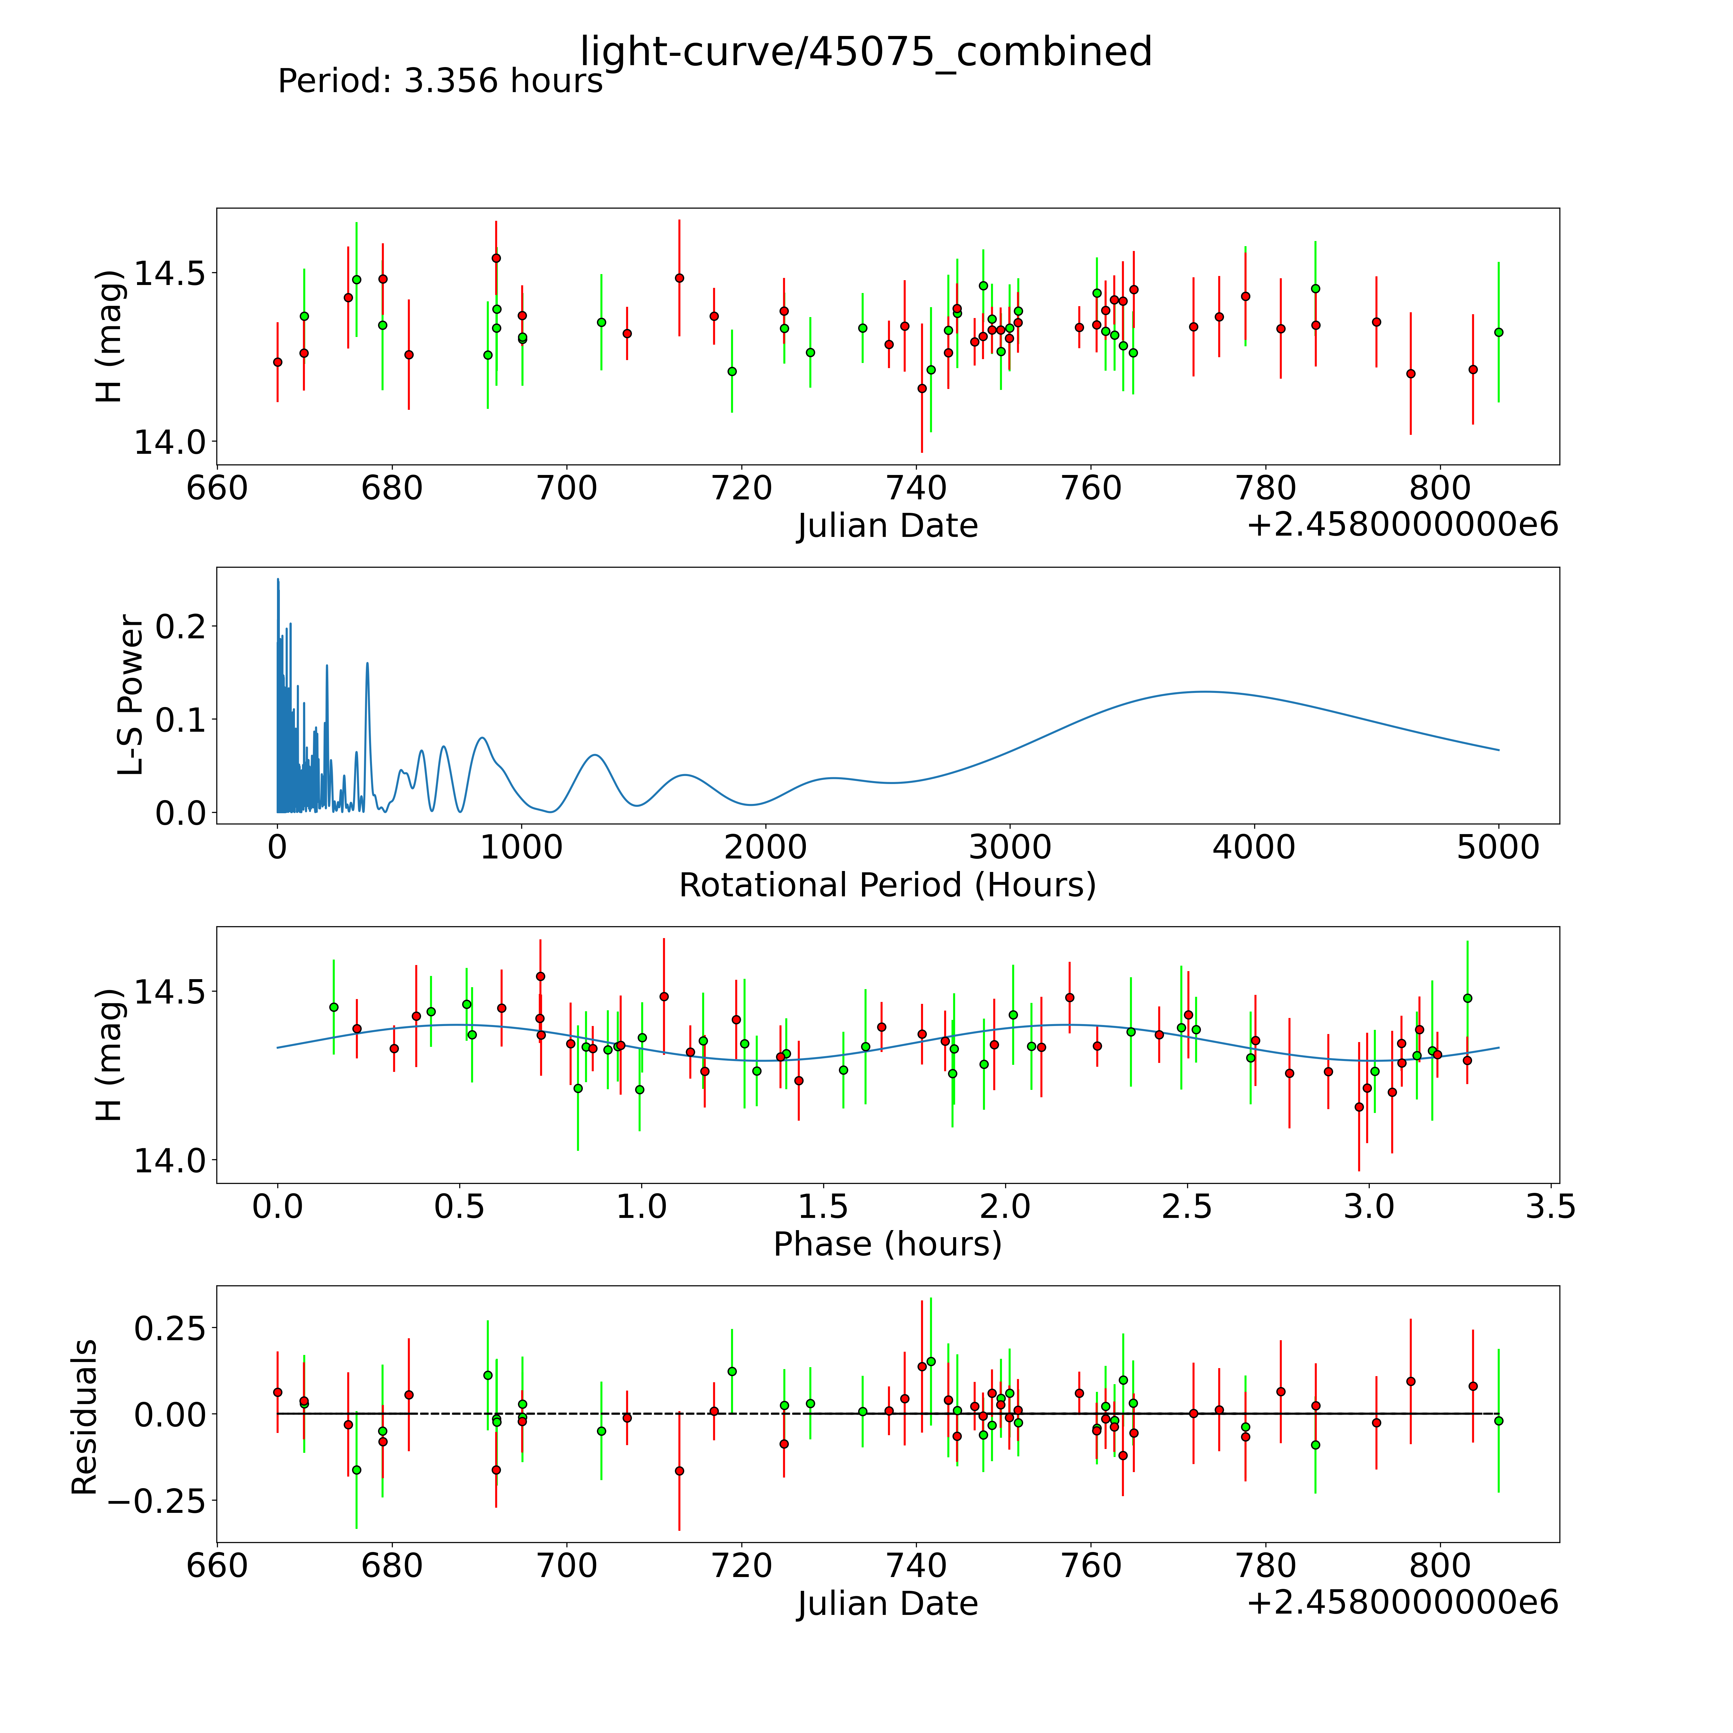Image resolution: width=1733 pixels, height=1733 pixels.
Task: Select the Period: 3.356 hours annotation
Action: pyautogui.click(x=440, y=82)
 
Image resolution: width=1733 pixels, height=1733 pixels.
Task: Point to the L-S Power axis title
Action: pyautogui.click(x=131, y=695)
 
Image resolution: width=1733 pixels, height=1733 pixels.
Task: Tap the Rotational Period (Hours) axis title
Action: pyautogui.click(x=887, y=885)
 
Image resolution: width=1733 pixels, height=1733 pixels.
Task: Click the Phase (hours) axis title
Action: pyautogui.click(x=887, y=1244)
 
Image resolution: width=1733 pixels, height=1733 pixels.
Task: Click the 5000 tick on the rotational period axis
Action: pyautogui.click(x=1498, y=848)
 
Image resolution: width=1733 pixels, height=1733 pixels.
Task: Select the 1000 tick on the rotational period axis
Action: pyautogui.click(x=521, y=848)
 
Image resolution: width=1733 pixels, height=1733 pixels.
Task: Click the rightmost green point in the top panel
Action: pyautogui.click(x=1498, y=332)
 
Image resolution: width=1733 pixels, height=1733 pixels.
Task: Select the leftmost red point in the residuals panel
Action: pyautogui.click(x=277, y=1392)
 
